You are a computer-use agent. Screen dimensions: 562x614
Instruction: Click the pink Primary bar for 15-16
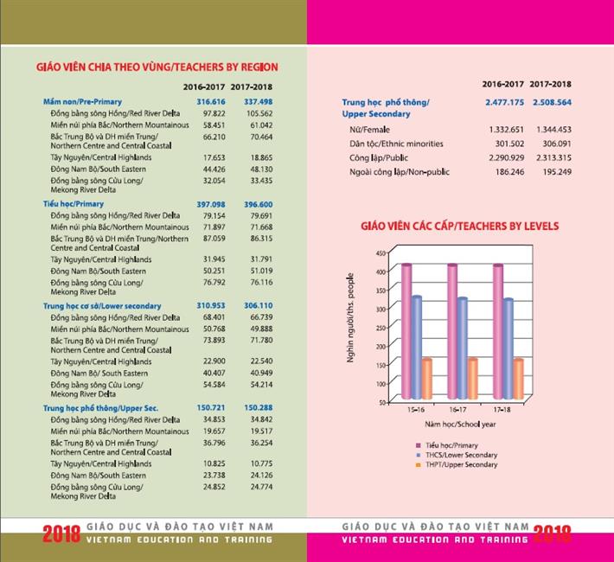[x=406, y=333]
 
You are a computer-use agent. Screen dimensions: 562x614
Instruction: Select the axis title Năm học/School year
[x=459, y=425]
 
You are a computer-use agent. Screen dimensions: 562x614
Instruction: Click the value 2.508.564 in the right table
[x=553, y=102]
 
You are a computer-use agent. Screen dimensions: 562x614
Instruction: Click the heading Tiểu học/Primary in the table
[x=74, y=204]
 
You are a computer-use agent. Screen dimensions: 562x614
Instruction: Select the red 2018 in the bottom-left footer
[x=61, y=534]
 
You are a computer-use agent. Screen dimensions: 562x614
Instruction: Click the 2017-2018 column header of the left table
[x=253, y=87]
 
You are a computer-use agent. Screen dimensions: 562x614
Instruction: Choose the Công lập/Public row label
[x=379, y=158]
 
